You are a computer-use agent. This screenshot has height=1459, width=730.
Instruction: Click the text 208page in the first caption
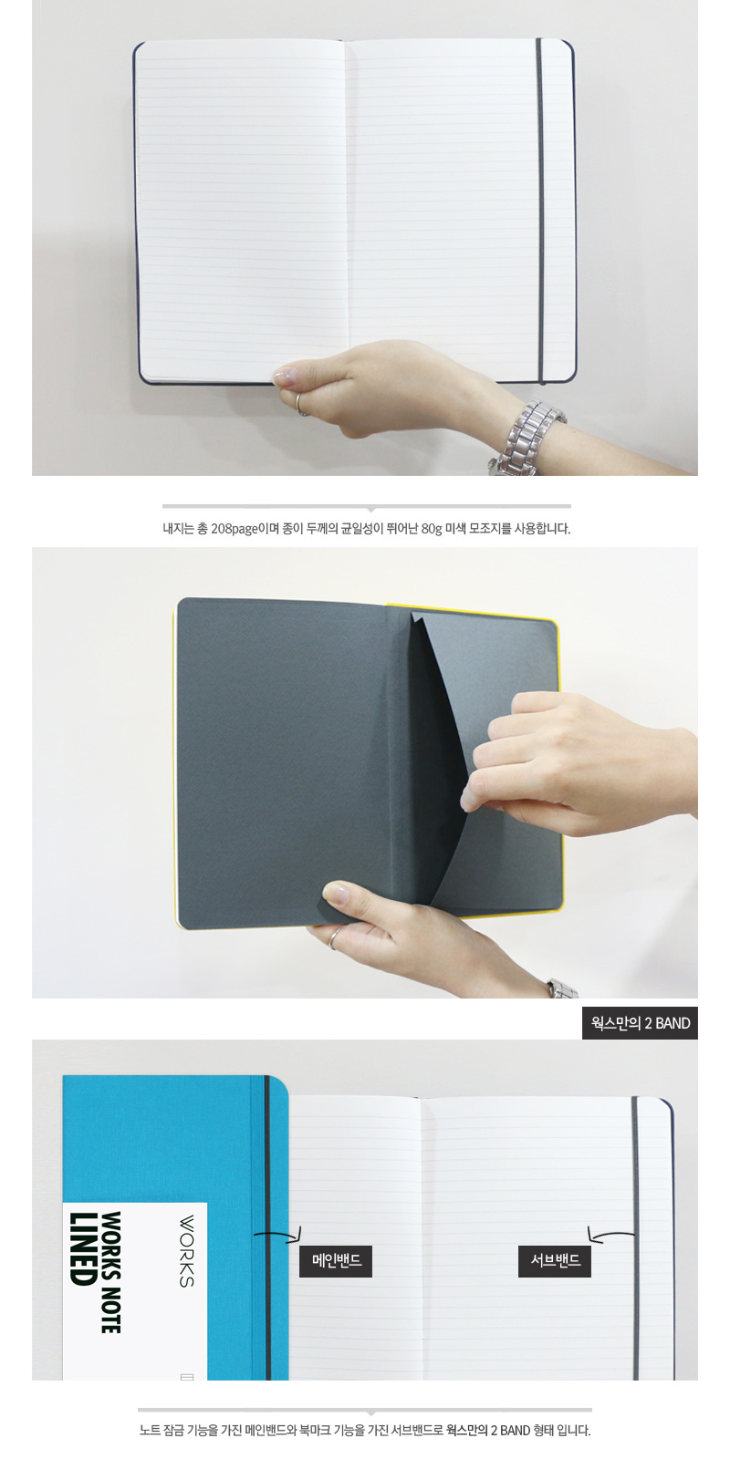pyautogui.click(x=234, y=528)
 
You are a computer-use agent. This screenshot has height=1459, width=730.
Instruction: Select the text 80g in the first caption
pyautogui.click(x=431, y=528)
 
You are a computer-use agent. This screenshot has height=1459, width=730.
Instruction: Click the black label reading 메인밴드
pyautogui.click(x=336, y=1261)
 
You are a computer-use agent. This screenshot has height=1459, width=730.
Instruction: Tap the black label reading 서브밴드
pyautogui.click(x=555, y=1261)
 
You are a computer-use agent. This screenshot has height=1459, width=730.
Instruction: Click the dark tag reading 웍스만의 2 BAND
pyautogui.click(x=640, y=1023)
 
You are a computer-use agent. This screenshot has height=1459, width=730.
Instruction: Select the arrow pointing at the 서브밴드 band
pyautogui.click(x=610, y=1235)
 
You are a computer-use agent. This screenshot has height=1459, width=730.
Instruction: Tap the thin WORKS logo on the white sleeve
pyautogui.click(x=186, y=1250)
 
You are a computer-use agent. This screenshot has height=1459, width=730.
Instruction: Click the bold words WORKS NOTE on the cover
pyautogui.click(x=110, y=1271)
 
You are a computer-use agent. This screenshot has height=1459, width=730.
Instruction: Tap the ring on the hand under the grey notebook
pyautogui.click(x=334, y=937)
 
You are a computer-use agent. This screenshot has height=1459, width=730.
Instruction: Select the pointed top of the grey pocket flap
pyautogui.click(x=412, y=612)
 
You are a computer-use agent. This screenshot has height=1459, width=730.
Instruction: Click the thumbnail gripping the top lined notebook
pyautogui.click(x=285, y=376)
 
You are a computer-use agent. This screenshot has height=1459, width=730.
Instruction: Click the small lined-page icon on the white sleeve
pyautogui.click(x=186, y=1375)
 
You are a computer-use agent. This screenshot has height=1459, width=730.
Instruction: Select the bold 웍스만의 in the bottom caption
pyautogui.click(x=466, y=1431)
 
